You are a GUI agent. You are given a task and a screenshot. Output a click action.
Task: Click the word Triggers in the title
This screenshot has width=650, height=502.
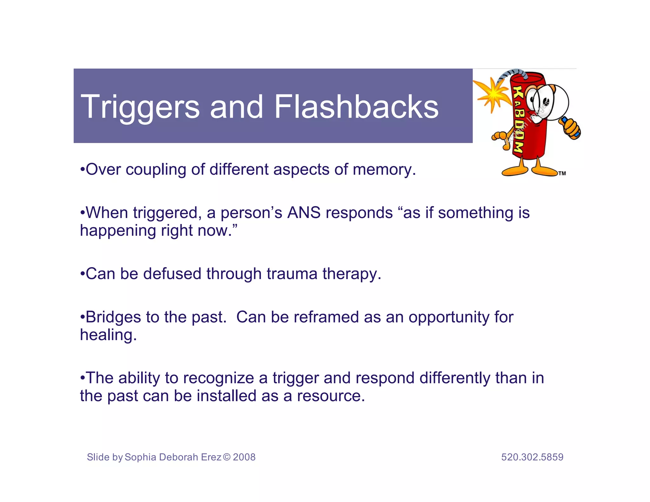click(140, 107)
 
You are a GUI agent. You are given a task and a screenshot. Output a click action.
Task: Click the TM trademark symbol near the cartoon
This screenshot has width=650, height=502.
click(562, 173)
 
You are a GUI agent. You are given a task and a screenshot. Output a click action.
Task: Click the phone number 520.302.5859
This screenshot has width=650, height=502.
click(532, 457)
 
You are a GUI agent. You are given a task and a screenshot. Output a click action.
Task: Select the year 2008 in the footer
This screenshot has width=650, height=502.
click(244, 457)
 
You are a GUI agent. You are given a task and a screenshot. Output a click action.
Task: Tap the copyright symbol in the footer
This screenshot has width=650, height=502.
click(227, 457)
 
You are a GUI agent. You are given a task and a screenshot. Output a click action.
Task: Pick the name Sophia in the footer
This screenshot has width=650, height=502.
click(140, 457)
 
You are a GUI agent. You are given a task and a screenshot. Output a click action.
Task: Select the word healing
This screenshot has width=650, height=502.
click(108, 335)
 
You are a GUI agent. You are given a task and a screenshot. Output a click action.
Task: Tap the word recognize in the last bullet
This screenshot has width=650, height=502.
click(218, 378)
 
